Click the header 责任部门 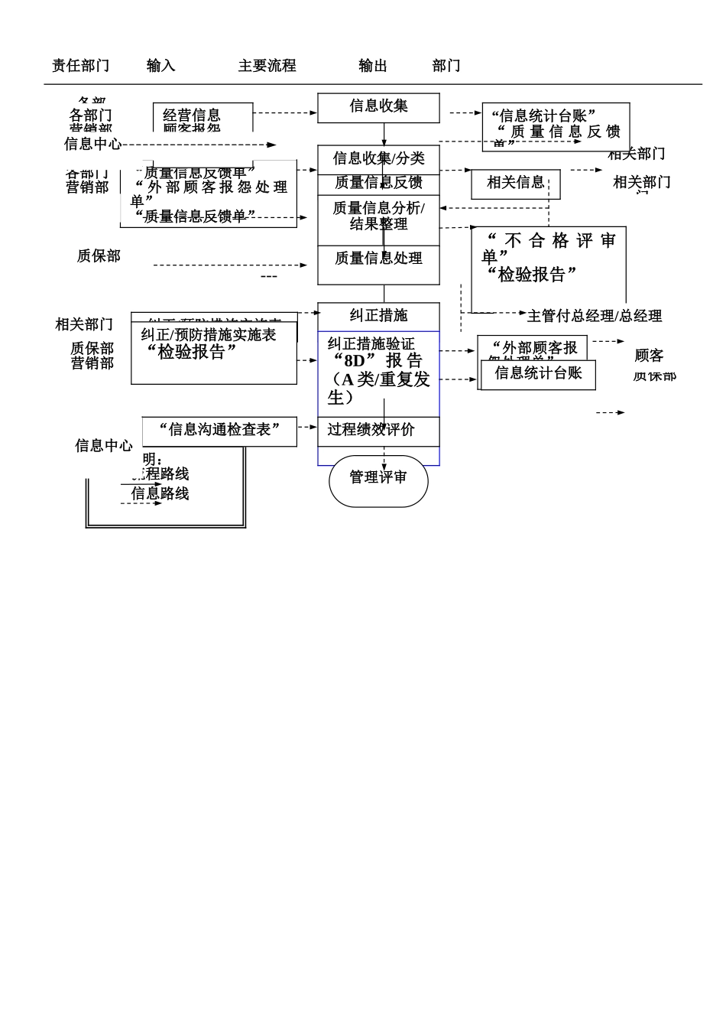click(x=80, y=66)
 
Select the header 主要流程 click(x=267, y=66)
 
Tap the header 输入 click(x=160, y=66)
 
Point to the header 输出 click(x=373, y=66)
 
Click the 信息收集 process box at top click(x=378, y=107)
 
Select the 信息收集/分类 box click(x=378, y=158)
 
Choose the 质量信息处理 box click(x=378, y=259)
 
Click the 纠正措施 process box click(x=378, y=315)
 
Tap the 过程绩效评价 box click(x=371, y=430)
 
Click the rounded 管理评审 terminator click(x=378, y=478)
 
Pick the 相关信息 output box click(x=516, y=183)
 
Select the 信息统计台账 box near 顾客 click(x=538, y=373)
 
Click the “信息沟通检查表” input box click(x=219, y=430)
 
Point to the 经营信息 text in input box click(x=191, y=115)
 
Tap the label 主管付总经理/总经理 click(x=595, y=316)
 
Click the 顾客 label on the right click(x=649, y=356)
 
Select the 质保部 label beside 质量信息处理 click(x=99, y=256)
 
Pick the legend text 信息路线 click(x=160, y=494)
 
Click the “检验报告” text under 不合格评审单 click(x=531, y=275)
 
